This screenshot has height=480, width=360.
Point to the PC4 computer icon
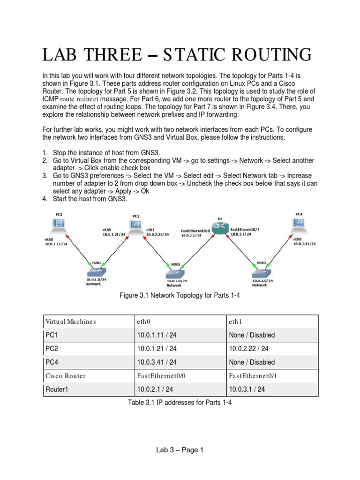299,225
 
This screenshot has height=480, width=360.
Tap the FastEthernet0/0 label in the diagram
195,231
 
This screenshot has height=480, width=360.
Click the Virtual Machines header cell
70,322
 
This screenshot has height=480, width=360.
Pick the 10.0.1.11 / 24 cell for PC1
156,335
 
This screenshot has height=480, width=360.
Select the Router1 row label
58,389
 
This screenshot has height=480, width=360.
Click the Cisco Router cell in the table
66,376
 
